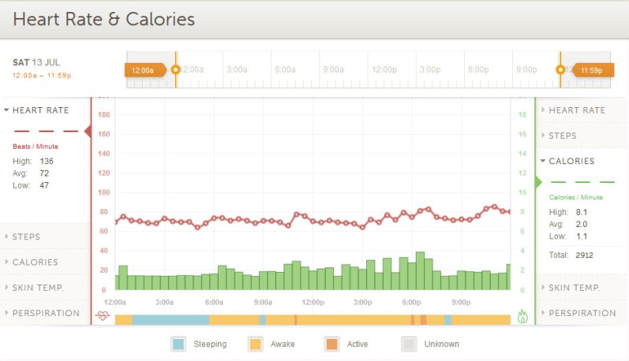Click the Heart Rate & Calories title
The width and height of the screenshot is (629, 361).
[103, 18]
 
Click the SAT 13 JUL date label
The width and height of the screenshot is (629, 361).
[36, 62]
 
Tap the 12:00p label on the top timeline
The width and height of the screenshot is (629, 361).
[384, 69]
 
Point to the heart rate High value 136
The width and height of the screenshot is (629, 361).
[47, 162]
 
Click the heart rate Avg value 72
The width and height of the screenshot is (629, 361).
[44, 173]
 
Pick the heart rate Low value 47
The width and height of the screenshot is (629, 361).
[44, 185]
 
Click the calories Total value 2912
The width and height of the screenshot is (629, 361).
[584, 255]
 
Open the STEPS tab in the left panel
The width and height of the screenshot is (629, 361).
[26, 236]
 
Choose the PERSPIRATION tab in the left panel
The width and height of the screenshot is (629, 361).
[46, 313]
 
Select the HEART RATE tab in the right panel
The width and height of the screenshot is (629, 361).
[577, 110]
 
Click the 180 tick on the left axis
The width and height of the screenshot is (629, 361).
[103, 115]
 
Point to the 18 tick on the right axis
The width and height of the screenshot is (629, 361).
[522, 115]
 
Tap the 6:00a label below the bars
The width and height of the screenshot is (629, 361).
[214, 302]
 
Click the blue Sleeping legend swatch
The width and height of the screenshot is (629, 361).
[178, 344]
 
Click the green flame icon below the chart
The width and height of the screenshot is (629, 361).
[522, 316]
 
